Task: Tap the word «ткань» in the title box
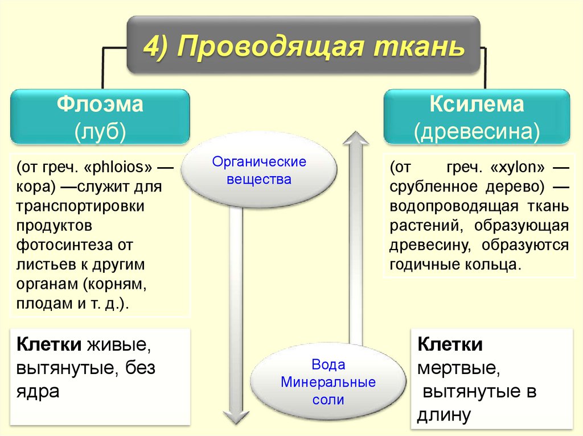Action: [x=419, y=46]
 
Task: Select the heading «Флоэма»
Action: [x=100, y=105]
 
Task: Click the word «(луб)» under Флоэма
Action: [x=100, y=131]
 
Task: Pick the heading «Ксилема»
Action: [x=477, y=105]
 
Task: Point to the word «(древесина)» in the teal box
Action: [x=477, y=131]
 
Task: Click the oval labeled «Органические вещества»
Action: [x=259, y=171]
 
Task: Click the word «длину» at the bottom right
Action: [x=444, y=415]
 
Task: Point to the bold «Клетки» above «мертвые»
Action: [x=450, y=345]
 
